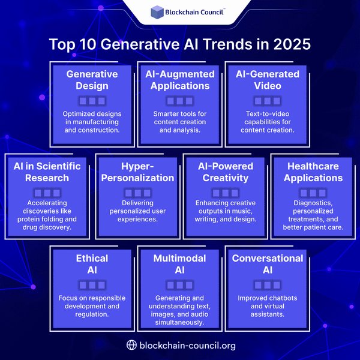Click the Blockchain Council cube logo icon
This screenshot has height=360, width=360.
tap(157, 11)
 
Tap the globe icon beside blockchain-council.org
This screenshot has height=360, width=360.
tap(132, 345)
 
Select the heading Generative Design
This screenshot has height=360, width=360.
tap(92, 80)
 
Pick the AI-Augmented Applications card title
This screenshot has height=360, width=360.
tap(180, 80)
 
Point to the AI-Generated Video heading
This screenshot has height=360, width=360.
tap(268, 80)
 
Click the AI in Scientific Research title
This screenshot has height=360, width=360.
tap(47, 172)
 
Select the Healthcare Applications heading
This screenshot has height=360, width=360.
tap(313, 172)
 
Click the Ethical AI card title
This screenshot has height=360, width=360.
tap(92, 263)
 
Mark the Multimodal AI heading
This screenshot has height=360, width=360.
tap(180, 263)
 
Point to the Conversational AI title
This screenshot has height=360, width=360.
tap(268, 263)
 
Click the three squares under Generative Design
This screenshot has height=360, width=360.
tap(92, 101)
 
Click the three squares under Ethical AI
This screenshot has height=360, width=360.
tap(92, 285)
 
